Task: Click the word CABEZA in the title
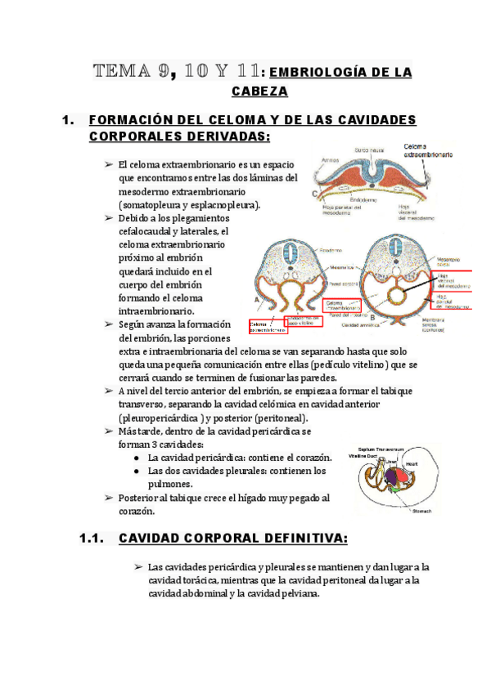259,91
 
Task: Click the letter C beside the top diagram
316,194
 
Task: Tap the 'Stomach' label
422,512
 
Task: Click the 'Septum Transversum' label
382,449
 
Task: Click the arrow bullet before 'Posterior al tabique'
109,498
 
